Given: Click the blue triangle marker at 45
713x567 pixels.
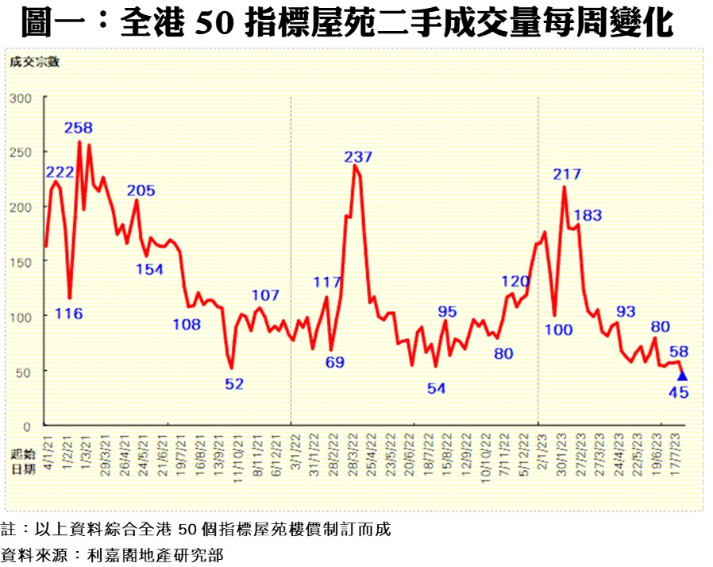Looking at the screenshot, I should coord(682,376).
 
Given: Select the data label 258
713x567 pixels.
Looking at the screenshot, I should coord(79,128).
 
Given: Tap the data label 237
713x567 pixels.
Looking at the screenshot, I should coord(358,157).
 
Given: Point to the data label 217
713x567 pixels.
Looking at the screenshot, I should coord(568,174).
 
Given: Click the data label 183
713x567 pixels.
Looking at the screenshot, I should coord(588,215).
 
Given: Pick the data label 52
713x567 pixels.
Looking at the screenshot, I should coord(233,384).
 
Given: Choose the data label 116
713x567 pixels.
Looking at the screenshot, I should coord(69,314).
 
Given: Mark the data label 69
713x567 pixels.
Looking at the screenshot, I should coord(336,363).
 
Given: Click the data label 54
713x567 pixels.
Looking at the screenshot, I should coord(437,388).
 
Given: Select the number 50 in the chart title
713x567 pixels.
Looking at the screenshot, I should coord(215,25).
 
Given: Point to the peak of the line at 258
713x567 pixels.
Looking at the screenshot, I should coord(79,142).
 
